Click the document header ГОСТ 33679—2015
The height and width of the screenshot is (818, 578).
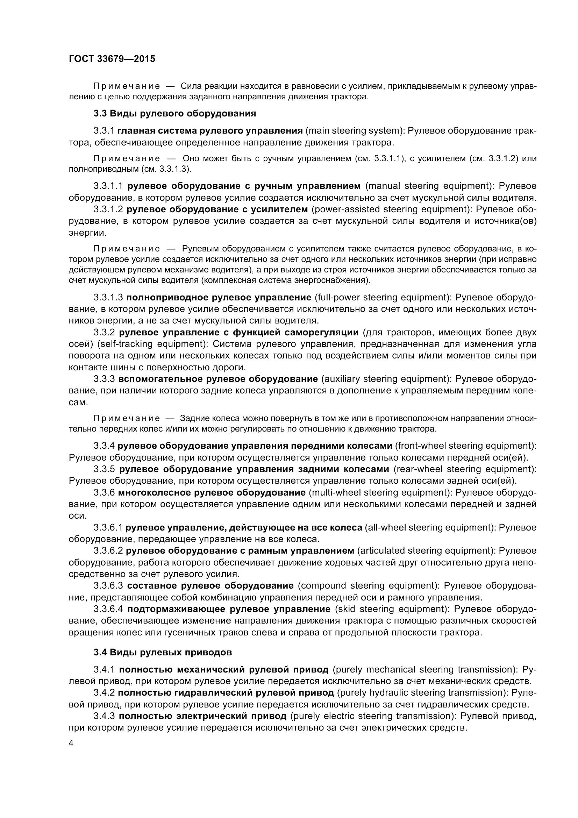[112, 59]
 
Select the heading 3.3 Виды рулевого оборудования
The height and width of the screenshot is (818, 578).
[174, 114]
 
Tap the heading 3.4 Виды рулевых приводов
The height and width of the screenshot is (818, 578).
[162, 652]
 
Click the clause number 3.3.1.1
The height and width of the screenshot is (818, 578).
[108, 186]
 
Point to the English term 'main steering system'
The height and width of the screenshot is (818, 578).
[355, 131]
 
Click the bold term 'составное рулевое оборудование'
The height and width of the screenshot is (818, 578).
[210, 585]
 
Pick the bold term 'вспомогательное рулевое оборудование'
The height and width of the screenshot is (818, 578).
[217, 379]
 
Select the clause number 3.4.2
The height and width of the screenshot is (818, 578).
[104, 692]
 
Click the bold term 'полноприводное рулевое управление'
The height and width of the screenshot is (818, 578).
[219, 298]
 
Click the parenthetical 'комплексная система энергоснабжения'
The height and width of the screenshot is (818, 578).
[285, 280]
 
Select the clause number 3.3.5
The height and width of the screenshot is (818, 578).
[104, 469]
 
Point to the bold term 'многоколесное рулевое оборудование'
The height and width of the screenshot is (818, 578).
[212, 493]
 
